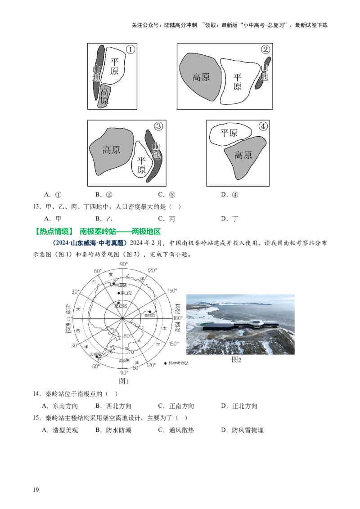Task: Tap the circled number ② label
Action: tap(265, 49)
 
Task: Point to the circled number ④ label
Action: tap(263, 127)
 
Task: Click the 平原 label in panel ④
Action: tap(229, 133)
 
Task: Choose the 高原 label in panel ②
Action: tap(201, 77)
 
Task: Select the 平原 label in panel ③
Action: tap(141, 165)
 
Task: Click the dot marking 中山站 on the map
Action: tap(114, 284)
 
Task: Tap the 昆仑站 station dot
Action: tap(118, 304)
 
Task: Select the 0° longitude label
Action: tap(68, 318)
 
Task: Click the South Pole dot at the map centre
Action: tap(123, 318)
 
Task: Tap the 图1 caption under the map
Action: tap(124, 381)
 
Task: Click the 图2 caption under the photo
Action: tap(236, 360)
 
